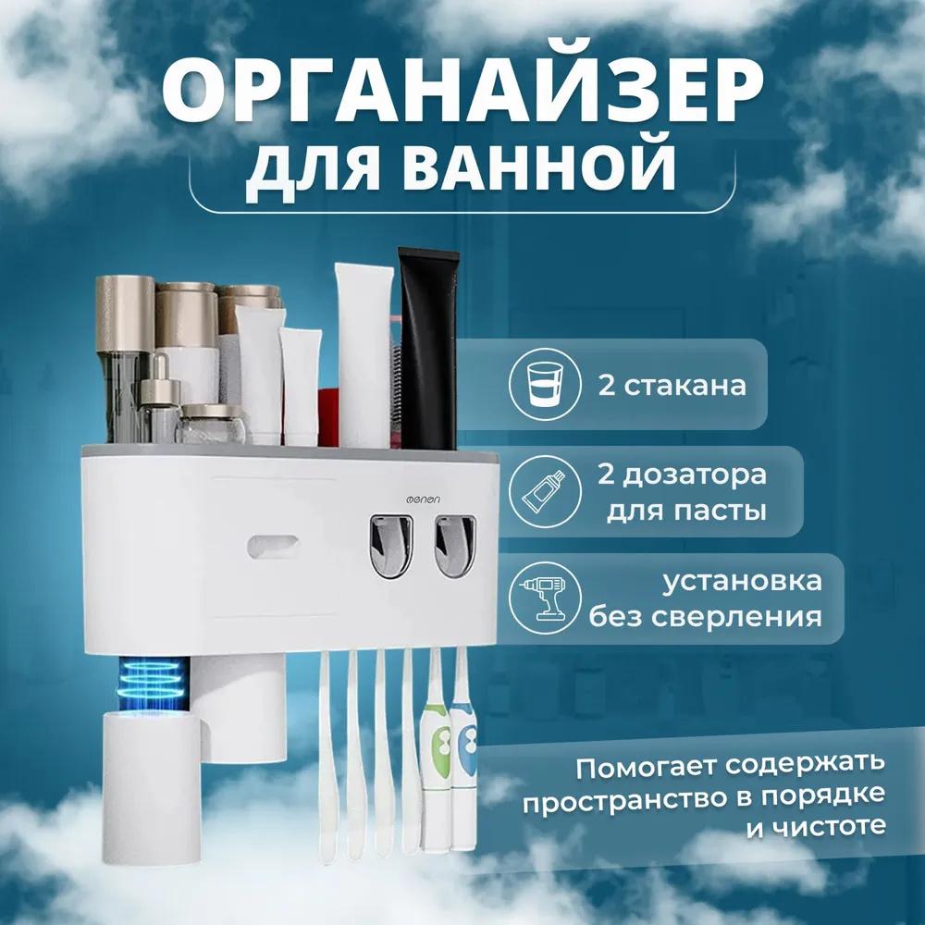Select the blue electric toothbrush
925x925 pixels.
pos(463,740)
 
